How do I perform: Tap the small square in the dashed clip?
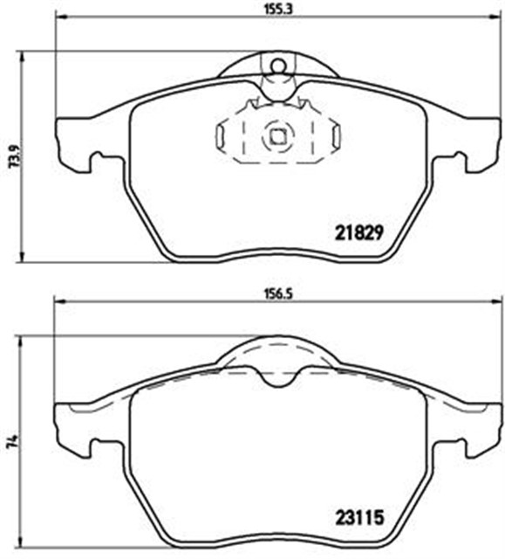click(277, 135)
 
